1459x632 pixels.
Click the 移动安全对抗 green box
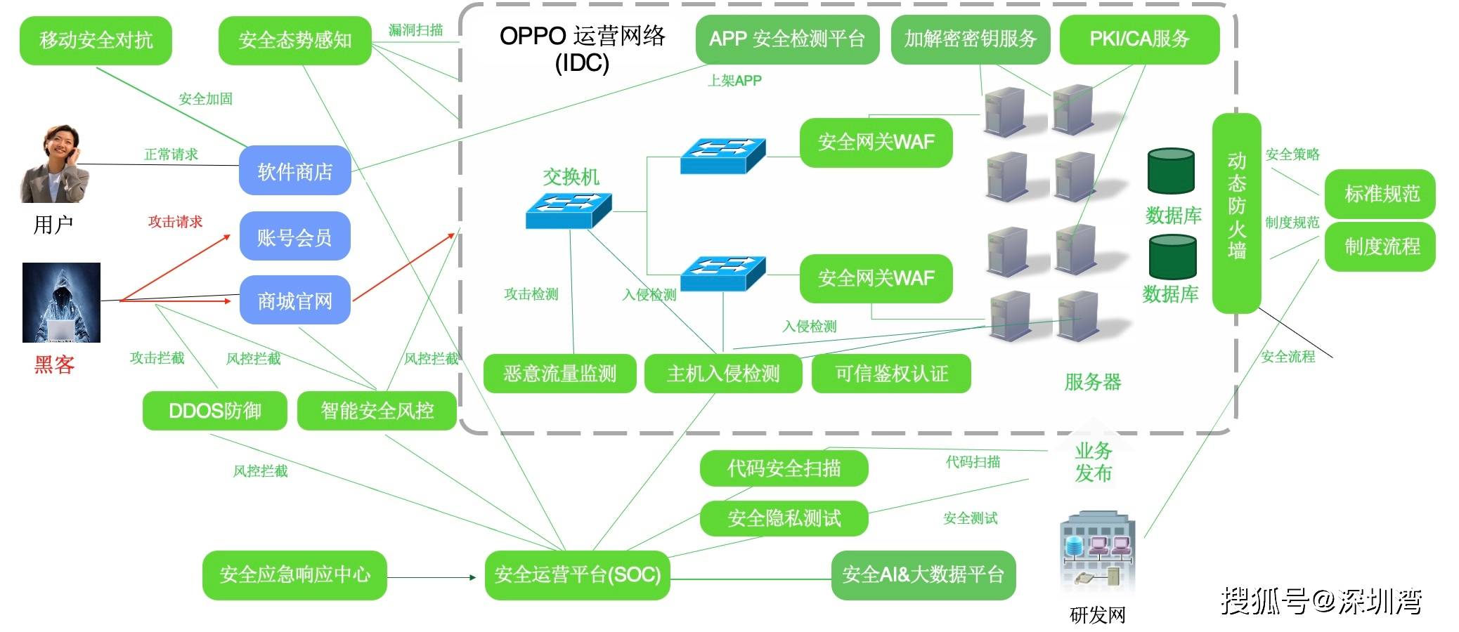pos(96,41)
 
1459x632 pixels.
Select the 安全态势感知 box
pos(294,41)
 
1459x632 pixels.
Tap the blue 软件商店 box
pos(294,171)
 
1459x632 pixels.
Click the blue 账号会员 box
pos(294,237)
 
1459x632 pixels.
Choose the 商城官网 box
pos(294,301)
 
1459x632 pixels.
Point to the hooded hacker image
pos(61,303)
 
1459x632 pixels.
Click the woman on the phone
pos(56,164)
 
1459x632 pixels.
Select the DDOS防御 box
pos(214,411)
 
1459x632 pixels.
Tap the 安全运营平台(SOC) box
pos(577,575)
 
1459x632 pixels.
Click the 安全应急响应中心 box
pos(294,575)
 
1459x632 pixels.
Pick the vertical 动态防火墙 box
pos(1236,213)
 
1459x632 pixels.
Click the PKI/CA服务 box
pos(1139,39)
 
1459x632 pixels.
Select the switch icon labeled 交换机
pos(569,209)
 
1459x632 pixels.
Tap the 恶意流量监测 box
pos(559,374)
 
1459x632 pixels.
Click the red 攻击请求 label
pos(175,222)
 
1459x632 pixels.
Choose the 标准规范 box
pos(1380,193)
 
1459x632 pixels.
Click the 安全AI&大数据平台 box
pos(923,575)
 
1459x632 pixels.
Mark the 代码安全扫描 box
pos(784,468)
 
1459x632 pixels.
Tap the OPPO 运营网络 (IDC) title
pos(582,49)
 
